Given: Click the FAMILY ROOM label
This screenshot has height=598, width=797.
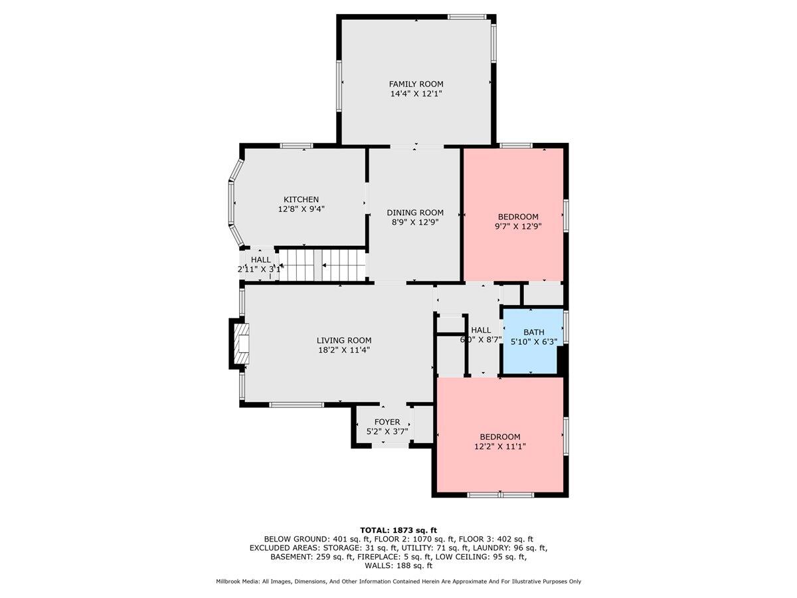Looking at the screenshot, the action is (x=416, y=84).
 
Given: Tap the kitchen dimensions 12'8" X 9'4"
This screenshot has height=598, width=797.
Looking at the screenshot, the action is (x=302, y=209).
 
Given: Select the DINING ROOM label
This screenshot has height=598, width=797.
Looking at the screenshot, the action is (x=415, y=213).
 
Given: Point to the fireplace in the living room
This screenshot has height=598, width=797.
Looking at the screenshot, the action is (x=240, y=344).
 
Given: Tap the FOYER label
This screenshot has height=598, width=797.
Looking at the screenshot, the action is (x=387, y=422).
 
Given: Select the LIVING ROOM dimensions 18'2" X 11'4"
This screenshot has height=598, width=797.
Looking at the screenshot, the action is (x=344, y=350).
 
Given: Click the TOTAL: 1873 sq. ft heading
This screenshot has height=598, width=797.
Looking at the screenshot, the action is (x=398, y=530).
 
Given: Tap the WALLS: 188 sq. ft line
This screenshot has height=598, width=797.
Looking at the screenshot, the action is (x=398, y=565).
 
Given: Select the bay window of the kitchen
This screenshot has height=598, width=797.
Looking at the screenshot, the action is (x=234, y=203).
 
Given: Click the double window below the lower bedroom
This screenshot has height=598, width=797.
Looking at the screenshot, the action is (x=500, y=494).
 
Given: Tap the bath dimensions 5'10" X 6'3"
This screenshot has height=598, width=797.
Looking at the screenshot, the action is (x=534, y=342).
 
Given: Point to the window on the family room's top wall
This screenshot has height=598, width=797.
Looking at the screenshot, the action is (x=467, y=17).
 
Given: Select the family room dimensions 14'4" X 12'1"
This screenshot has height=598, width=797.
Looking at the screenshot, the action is (x=416, y=94).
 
